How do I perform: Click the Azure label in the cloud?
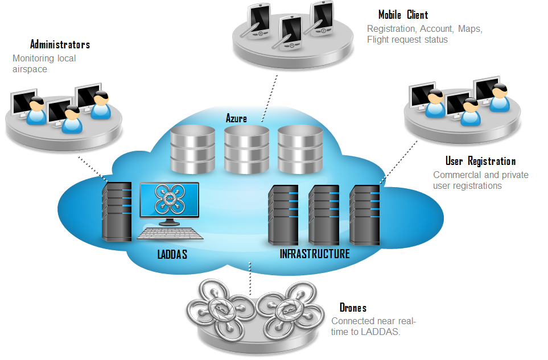(x=236, y=118)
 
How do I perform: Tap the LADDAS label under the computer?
(x=172, y=254)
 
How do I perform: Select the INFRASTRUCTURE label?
(x=315, y=254)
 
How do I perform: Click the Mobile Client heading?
(x=403, y=15)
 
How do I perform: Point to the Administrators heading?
(x=60, y=44)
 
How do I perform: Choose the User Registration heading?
(x=480, y=162)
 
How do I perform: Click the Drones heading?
(x=353, y=308)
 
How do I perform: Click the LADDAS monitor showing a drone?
(x=170, y=201)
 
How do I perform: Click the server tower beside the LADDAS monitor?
(x=112, y=212)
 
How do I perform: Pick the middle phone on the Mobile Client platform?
(x=290, y=32)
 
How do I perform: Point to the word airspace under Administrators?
(x=30, y=69)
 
